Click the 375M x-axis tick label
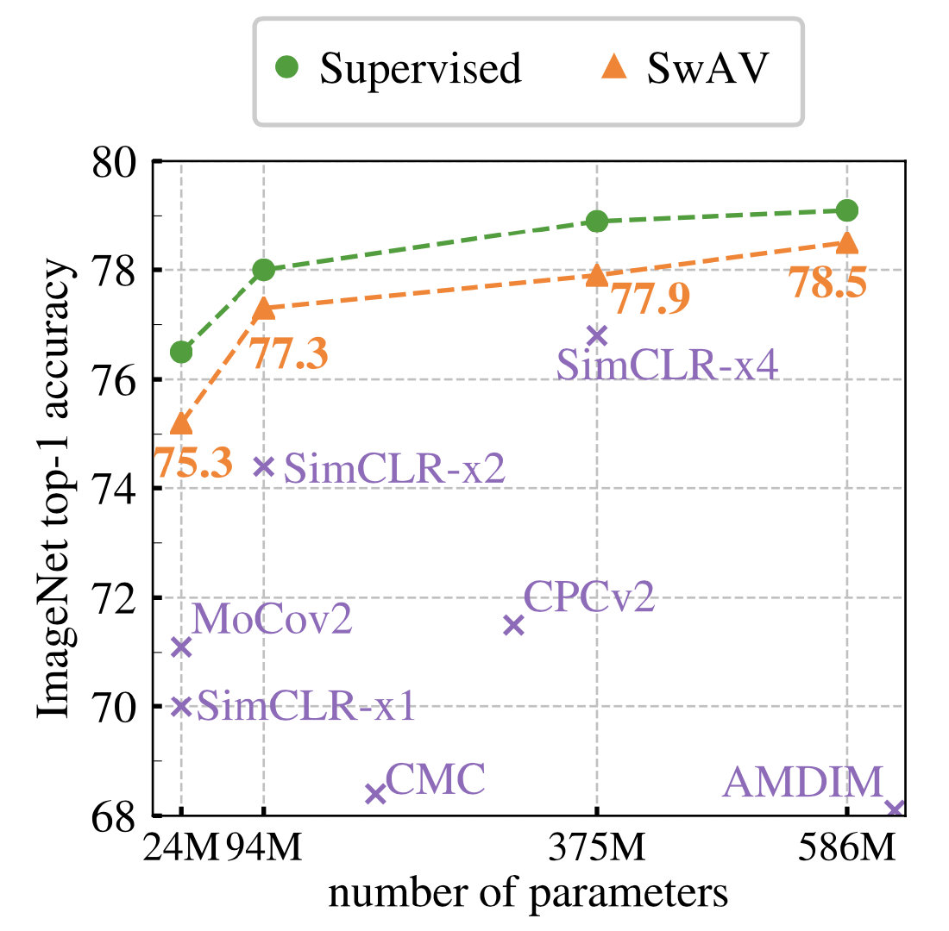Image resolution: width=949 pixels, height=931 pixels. pyautogui.click(x=596, y=850)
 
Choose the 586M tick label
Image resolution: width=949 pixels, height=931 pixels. pyautogui.click(x=846, y=850)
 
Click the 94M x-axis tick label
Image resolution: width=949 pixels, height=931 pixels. pyautogui.click(x=265, y=850)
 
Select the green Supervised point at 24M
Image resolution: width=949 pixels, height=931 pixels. pyautogui.click(x=181, y=352)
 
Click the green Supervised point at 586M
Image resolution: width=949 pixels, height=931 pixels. pyautogui.click(x=846, y=210)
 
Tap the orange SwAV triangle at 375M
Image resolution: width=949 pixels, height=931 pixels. pyautogui.click(x=596, y=276)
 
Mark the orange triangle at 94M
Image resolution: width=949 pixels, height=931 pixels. pyautogui.click(x=264, y=309)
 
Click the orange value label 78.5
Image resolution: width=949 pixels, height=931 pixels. pyautogui.click(x=827, y=284)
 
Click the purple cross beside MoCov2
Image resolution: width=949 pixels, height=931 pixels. pyautogui.click(x=181, y=647)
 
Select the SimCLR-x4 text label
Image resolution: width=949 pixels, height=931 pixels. pyautogui.click(x=668, y=366)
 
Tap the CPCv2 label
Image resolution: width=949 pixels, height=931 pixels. pyautogui.click(x=589, y=597)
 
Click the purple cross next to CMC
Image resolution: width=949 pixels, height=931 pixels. pyautogui.click(x=374, y=794)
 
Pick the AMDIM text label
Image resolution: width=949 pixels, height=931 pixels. pyautogui.click(x=803, y=782)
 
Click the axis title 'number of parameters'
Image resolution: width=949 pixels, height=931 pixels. pyautogui.click(x=528, y=893)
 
